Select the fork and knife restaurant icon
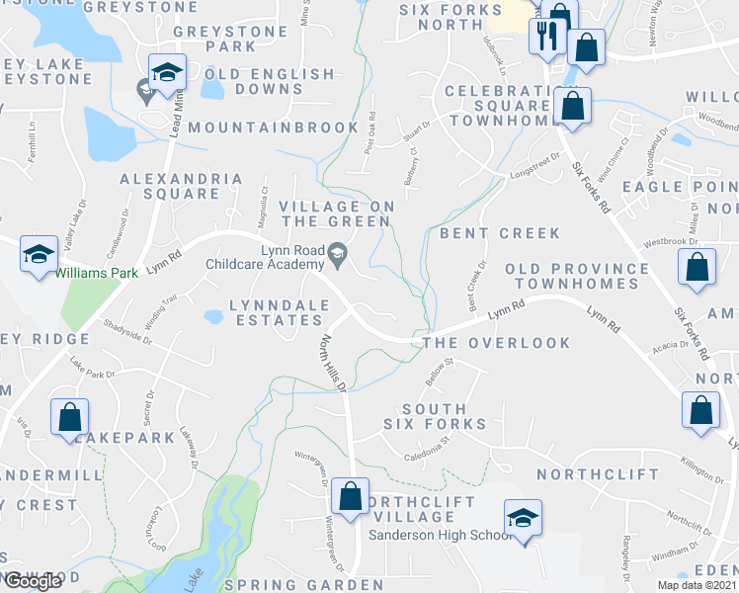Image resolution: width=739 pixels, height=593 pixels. click(x=545, y=37)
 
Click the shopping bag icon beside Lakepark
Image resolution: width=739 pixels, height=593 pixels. click(x=70, y=416)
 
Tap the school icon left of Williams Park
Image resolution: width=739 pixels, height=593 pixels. click(x=39, y=255)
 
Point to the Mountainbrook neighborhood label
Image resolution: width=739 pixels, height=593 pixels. click(x=274, y=127)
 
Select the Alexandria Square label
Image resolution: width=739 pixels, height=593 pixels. click(x=182, y=186)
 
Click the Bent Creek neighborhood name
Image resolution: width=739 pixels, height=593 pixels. click(x=500, y=233)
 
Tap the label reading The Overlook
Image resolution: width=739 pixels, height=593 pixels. click(x=496, y=343)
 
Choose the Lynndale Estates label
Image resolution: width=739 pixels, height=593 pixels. click(x=277, y=312)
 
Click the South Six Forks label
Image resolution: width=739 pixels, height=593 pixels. click(x=435, y=416)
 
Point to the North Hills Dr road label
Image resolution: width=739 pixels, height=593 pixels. click(x=333, y=362)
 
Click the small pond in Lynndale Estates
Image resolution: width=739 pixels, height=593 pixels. click(x=213, y=317)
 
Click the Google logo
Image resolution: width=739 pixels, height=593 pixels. click(x=33, y=581)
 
